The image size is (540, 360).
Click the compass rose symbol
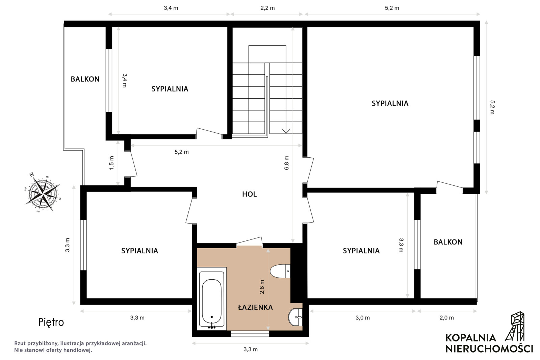point(43,193)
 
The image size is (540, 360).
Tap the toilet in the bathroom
point(280,271)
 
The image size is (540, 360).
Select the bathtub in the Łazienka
point(212,299)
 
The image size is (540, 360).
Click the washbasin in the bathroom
point(295,317)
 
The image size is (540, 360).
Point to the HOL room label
point(250,194)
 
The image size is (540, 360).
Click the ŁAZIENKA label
point(255,307)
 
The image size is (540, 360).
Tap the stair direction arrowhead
point(286,131)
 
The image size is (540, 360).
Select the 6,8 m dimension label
point(286,163)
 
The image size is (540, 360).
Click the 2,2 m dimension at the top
point(267,8)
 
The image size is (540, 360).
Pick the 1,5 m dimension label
point(111,163)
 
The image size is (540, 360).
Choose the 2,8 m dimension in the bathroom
point(262,287)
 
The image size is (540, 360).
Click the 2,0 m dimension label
point(446,317)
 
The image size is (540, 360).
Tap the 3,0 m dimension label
point(363,317)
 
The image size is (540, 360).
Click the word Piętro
point(51,323)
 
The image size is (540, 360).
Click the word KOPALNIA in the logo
point(470,338)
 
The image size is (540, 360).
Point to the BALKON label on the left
point(85,79)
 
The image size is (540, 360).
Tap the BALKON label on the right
point(448,242)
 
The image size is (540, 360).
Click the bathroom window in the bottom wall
point(250,334)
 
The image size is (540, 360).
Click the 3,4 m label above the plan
point(171,8)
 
